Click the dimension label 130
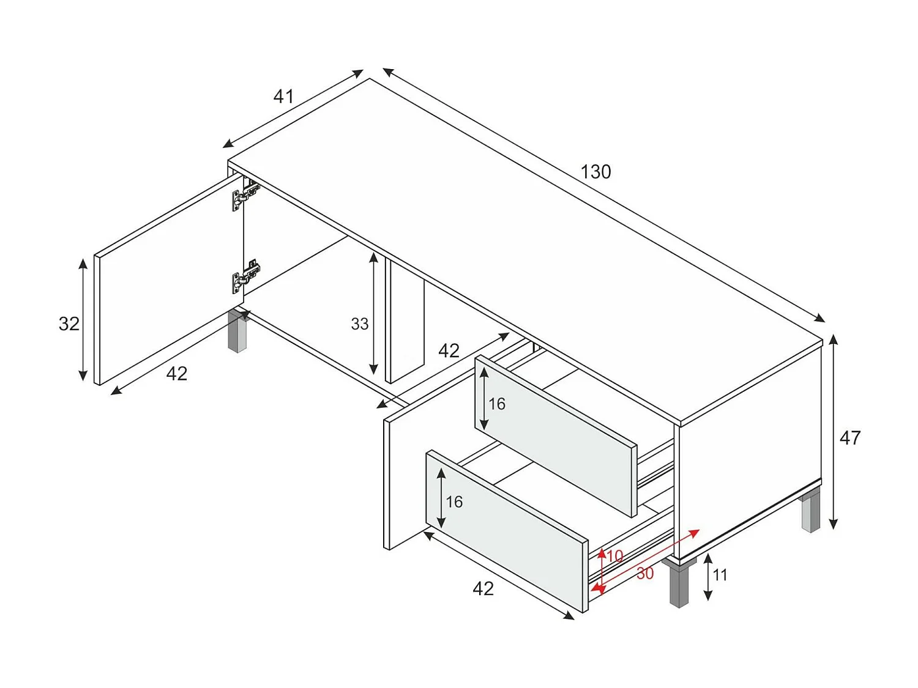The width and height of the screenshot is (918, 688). (x=595, y=172)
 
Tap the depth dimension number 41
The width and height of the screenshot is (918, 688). (x=283, y=96)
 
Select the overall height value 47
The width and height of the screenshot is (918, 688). (x=849, y=438)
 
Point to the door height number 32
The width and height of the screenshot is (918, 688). (x=69, y=324)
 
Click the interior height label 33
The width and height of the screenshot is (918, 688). (x=360, y=324)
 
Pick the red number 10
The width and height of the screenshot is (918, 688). (x=614, y=556)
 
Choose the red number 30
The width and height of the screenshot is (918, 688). (x=644, y=574)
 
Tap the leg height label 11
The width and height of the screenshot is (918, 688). (x=720, y=575)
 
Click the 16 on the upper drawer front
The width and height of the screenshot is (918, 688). (x=497, y=404)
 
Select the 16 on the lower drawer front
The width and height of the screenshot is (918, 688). (x=454, y=501)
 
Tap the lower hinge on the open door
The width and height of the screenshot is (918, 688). (x=245, y=276)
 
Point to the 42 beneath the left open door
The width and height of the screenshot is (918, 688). (x=177, y=374)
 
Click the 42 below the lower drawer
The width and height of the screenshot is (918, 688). (x=483, y=588)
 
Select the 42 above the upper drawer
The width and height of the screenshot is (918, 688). (x=449, y=350)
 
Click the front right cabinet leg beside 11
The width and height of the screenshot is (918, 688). (x=679, y=584)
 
